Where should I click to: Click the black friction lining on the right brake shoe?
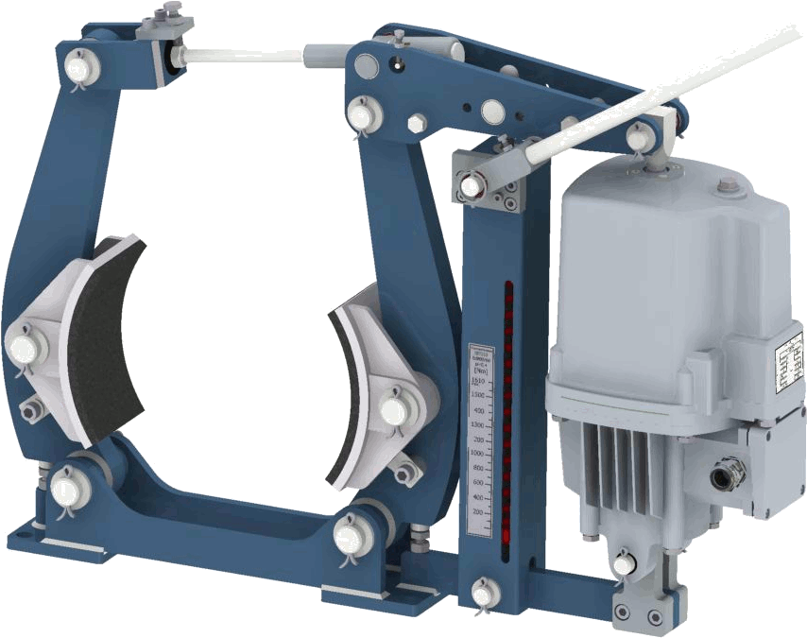click(346, 397)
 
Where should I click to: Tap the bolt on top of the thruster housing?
click(726, 187)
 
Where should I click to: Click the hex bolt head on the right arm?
click(415, 125)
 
